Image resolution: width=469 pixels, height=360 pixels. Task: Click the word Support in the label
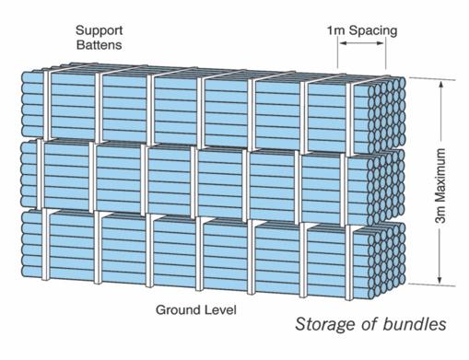tap(99, 30)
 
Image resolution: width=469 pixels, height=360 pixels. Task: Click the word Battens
tap(99, 45)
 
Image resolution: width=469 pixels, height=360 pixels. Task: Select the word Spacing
tap(373, 31)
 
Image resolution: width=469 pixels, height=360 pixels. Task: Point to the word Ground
tap(177, 309)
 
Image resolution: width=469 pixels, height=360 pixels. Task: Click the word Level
tap(219, 309)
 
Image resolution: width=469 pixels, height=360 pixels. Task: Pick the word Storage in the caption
tap(327, 325)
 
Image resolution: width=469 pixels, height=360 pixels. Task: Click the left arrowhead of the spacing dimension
tap(343, 43)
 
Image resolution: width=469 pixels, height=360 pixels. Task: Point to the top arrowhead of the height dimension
tap(440, 85)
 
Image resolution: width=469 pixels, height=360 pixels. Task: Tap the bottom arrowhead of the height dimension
tap(440, 279)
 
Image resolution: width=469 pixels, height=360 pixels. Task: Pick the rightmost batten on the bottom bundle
tap(348, 262)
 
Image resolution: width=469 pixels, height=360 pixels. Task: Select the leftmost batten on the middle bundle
tap(41, 174)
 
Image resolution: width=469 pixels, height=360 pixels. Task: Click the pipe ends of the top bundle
tap(387, 115)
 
